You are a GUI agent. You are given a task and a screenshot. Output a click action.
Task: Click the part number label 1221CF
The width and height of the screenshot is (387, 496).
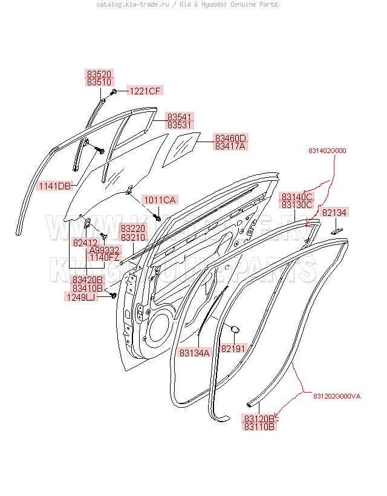tap(145, 91)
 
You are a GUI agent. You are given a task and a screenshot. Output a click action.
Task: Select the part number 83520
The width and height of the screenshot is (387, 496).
tap(99, 73)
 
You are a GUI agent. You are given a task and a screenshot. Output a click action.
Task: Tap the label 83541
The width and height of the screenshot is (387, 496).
tap(180, 116)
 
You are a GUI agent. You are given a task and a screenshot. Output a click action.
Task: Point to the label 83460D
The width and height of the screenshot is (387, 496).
tap(230, 138)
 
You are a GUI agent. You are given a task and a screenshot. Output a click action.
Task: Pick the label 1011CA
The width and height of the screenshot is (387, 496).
tap(160, 200)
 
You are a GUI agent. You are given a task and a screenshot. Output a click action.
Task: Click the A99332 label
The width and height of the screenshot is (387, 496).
tap(104, 250)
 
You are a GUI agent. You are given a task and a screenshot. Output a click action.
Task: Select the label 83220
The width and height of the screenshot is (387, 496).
tap(132, 229)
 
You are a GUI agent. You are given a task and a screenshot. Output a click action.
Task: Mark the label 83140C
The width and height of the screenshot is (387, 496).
tap(297, 197)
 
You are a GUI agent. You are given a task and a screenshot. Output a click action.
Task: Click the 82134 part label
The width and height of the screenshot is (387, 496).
tap(334, 213)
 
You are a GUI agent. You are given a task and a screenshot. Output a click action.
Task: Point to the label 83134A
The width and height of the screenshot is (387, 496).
tap(195, 353)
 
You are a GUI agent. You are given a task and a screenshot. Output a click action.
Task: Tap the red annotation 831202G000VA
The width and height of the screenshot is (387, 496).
tap(337, 396)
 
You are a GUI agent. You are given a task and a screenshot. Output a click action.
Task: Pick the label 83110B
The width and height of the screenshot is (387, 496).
tap(260, 427)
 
